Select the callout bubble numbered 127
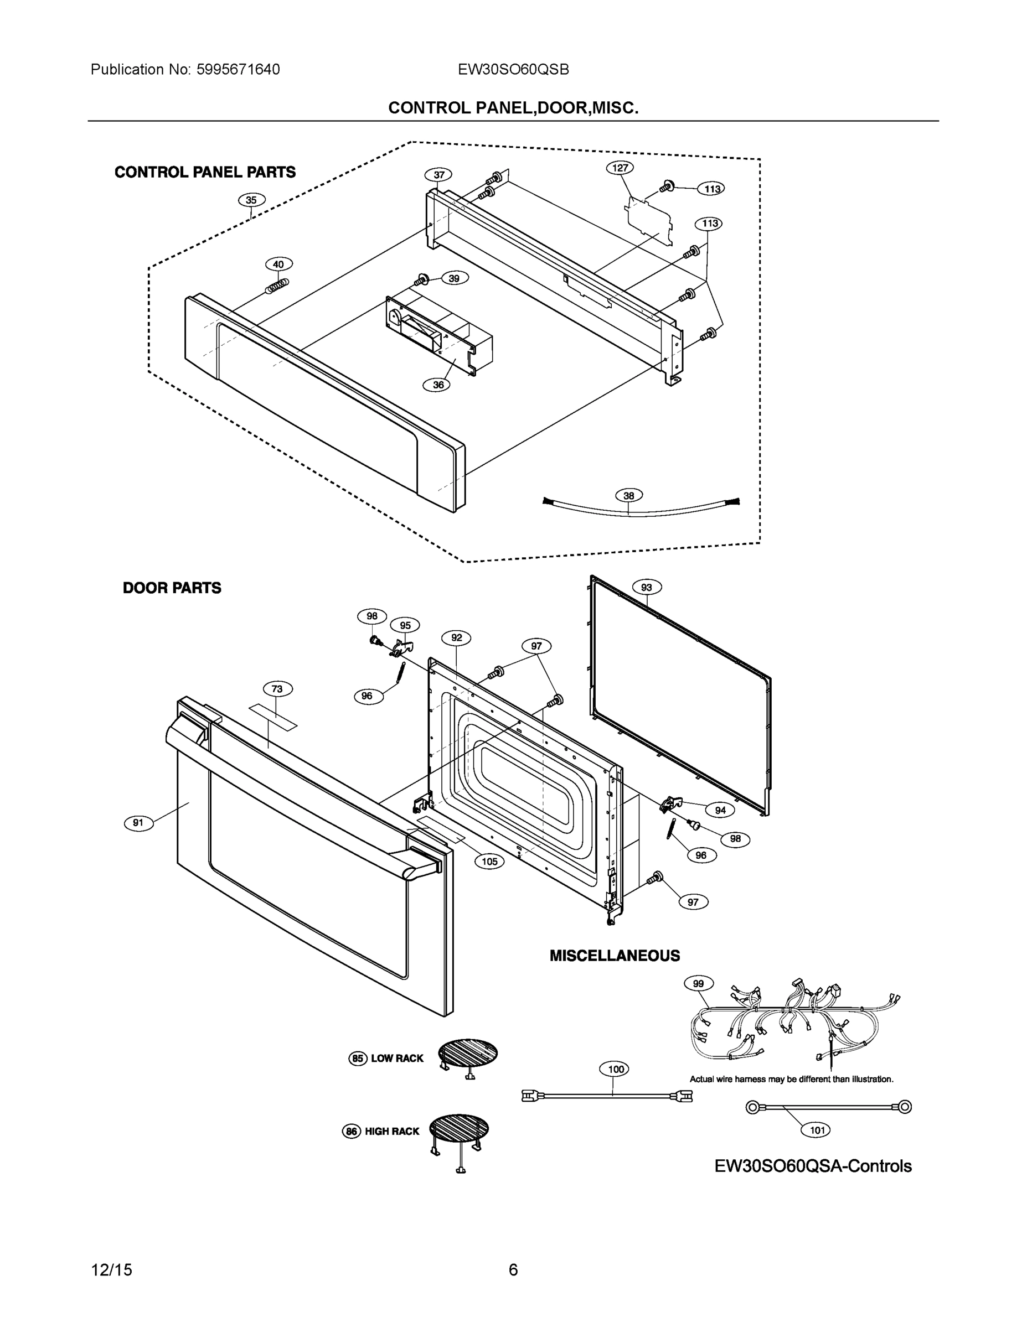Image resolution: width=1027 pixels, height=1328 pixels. (x=620, y=167)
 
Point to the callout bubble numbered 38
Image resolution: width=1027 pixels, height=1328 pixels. (x=628, y=496)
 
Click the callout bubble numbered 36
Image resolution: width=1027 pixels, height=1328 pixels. (x=438, y=385)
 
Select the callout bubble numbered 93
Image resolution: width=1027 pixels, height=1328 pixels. (x=647, y=588)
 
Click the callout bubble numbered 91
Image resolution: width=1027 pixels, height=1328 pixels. (x=139, y=823)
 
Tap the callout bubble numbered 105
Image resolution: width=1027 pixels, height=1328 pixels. (x=489, y=861)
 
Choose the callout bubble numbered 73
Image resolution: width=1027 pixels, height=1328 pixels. (x=277, y=689)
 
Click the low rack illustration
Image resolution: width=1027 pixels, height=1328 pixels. (x=467, y=1057)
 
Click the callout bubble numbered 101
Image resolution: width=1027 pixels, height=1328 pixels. (x=817, y=1130)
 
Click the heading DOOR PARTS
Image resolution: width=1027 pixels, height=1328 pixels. (x=172, y=588)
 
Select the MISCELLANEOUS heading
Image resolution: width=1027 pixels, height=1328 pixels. (x=615, y=956)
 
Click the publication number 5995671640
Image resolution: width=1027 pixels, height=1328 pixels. (x=238, y=70)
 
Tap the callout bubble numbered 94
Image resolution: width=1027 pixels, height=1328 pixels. (x=720, y=811)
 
